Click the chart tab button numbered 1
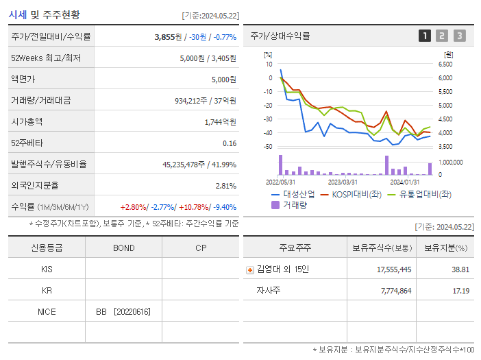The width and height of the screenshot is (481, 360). [x=425, y=36]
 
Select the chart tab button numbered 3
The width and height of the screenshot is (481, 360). [x=459, y=36]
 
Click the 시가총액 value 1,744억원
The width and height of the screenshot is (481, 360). [x=221, y=121]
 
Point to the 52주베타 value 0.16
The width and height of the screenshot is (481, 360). [x=230, y=143]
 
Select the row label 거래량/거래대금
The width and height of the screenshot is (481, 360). [x=40, y=101]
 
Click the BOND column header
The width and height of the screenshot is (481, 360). [x=123, y=248]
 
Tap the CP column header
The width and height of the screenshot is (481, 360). [x=201, y=248]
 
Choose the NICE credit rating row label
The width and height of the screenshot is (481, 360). [x=47, y=312]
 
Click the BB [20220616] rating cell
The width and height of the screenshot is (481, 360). [x=123, y=312]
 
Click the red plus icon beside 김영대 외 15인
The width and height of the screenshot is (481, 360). [x=250, y=270]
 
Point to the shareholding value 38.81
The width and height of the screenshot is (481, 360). [x=460, y=270]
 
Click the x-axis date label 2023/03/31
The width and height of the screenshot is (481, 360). [x=343, y=182]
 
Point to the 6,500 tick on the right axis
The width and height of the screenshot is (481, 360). [x=445, y=64]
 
